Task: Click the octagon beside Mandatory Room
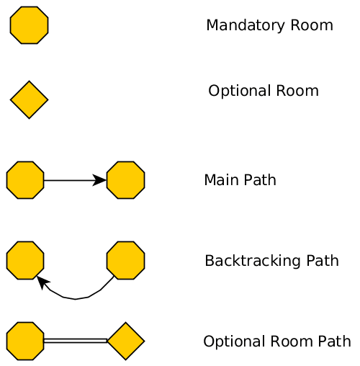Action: [x=29, y=25]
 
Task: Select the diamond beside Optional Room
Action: [x=29, y=99]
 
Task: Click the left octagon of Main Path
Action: [x=25, y=180]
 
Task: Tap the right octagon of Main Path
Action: [x=126, y=180]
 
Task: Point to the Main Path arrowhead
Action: [x=99, y=180]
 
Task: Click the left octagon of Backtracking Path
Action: [x=25, y=260]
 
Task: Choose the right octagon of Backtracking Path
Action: [x=126, y=260]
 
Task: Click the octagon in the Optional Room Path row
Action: [x=25, y=341]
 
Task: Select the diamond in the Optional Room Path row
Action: [x=126, y=341]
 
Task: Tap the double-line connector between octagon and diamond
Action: [x=76, y=341]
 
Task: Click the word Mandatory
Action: [x=246, y=26]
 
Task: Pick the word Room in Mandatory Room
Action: [x=312, y=25]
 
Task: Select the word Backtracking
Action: [x=253, y=261]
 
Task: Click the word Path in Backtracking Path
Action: [x=323, y=261]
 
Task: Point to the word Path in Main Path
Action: [x=260, y=180]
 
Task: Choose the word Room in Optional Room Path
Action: [x=292, y=342]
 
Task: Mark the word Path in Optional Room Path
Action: [x=335, y=342]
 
